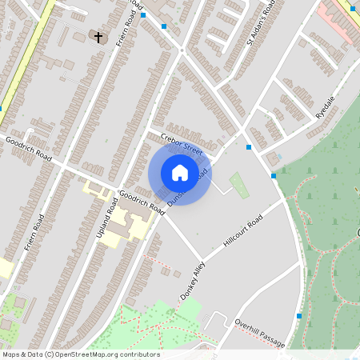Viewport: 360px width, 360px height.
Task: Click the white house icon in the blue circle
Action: coord(180,173)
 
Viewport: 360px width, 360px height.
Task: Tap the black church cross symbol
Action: coord(99,37)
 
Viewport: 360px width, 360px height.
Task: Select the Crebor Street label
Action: coord(182,144)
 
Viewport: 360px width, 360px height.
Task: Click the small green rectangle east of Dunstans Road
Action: coord(239,186)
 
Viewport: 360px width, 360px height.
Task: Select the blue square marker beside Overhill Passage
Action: coord(299,316)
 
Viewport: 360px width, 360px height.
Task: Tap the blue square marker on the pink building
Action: coord(353,9)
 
